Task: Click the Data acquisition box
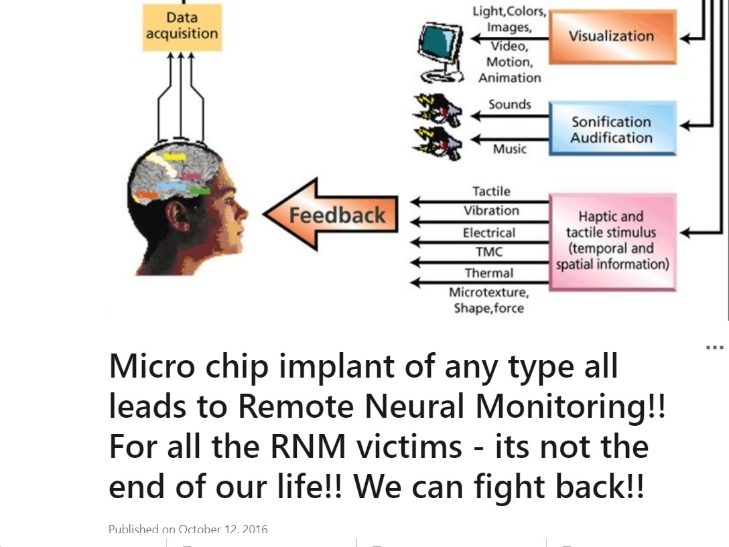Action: (182, 25)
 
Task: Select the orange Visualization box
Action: (612, 36)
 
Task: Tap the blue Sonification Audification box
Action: (612, 129)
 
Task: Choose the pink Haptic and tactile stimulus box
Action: (612, 240)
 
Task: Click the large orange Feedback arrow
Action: (331, 215)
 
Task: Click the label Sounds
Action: (509, 104)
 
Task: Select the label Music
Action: (509, 149)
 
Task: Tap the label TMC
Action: (488, 252)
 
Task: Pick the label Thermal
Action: (489, 273)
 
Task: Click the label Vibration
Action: (491, 211)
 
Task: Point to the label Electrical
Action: (489, 233)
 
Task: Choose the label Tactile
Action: (491, 191)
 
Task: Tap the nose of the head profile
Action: (243, 213)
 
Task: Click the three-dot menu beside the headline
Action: (714, 348)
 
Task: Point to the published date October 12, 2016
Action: (223, 530)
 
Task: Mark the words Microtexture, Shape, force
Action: (488, 301)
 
